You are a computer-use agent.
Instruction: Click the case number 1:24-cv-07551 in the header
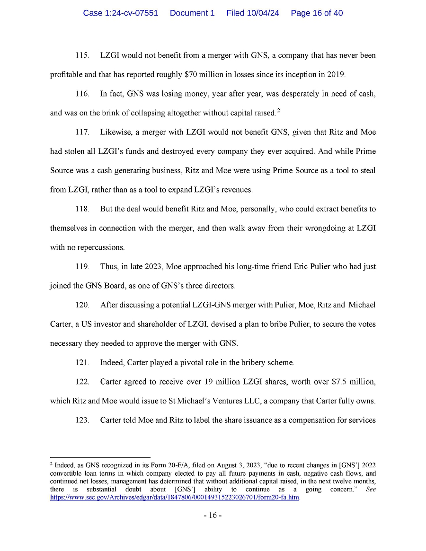pos(121,13)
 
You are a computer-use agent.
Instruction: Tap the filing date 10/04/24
pos(263,13)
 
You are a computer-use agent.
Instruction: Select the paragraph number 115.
pos(82,56)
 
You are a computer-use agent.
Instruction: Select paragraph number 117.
pos(82,132)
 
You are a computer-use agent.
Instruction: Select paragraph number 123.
pos(82,420)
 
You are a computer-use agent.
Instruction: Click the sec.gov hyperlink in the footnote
pos(175,498)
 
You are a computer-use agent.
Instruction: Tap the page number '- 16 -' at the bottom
pos(213,516)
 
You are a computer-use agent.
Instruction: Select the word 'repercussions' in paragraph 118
pos(101,247)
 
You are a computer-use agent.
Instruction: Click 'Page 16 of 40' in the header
pos(317,13)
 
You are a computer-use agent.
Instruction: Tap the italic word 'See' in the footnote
pos(371,490)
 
